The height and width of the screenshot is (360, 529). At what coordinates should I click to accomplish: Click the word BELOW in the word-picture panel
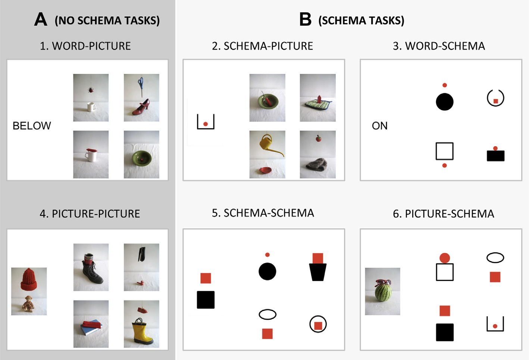[x=32, y=126]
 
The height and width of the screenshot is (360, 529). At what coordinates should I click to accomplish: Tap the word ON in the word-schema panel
[x=380, y=126]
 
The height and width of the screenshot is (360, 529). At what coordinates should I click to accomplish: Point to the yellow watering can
[x=270, y=145]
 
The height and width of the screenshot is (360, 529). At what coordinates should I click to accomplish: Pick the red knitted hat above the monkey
[x=29, y=279]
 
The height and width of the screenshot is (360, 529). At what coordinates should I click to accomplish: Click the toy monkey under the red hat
[x=28, y=304]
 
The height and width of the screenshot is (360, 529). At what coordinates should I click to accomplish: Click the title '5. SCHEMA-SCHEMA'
[x=263, y=213]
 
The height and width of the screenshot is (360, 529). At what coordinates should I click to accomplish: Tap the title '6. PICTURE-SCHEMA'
[x=444, y=214]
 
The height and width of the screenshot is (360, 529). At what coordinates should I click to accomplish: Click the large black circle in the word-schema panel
[x=444, y=102]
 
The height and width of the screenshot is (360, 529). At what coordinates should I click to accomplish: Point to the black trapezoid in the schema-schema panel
[x=317, y=272]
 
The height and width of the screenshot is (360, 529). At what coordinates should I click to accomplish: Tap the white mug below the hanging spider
[x=91, y=107]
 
